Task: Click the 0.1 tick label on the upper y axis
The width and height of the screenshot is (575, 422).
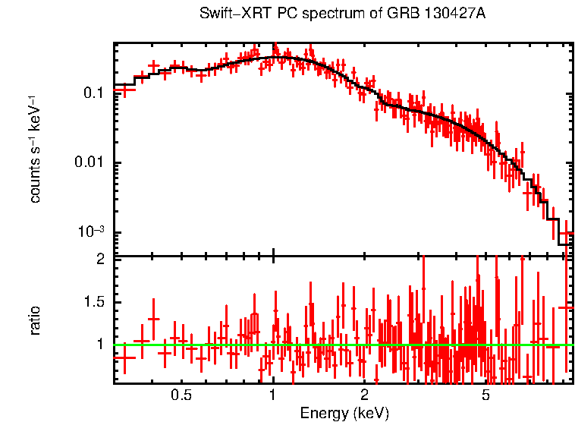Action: (93, 93)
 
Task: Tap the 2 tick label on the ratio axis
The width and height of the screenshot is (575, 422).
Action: (99, 260)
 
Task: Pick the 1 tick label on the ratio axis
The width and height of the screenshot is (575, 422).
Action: (99, 345)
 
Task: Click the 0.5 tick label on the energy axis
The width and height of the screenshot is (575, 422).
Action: (181, 396)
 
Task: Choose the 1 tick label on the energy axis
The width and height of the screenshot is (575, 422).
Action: (273, 396)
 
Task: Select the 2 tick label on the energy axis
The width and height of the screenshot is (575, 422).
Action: (364, 396)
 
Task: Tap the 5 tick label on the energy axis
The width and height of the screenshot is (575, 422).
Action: (485, 396)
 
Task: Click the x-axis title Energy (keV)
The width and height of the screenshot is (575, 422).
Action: (344, 413)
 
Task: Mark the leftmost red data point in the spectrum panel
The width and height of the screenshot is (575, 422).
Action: (124, 90)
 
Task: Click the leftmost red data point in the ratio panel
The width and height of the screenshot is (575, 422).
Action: (124, 357)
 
